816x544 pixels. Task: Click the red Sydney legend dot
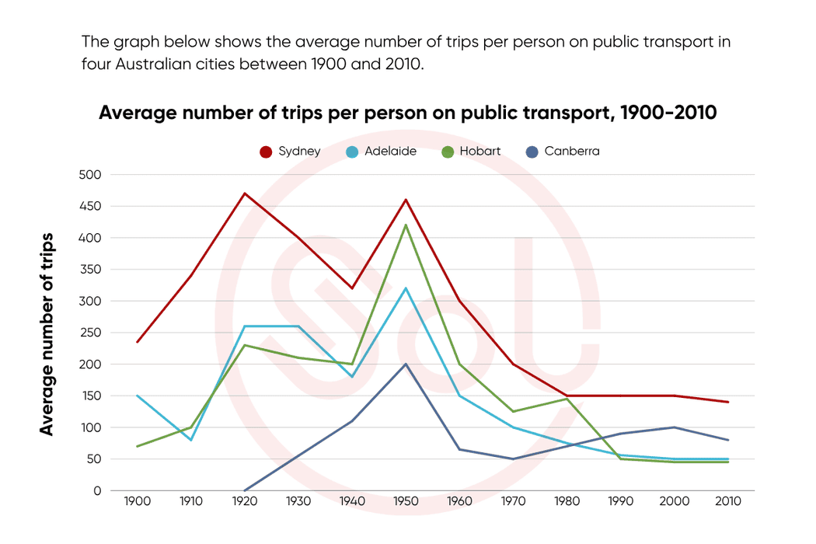(266, 152)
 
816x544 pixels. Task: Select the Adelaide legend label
(391, 152)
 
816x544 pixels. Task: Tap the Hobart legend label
(480, 152)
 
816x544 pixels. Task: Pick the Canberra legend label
(572, 152)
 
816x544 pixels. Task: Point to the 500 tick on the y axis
(91, 175)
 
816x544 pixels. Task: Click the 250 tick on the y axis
(91, 333)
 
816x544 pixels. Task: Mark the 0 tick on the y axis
(96, 491)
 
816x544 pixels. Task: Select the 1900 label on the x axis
(138, 501)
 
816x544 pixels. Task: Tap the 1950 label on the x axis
(406, 501)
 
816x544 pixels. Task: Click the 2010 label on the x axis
(727, 501)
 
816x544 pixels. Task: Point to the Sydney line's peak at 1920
(245, 194)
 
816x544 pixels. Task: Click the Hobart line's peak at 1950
(406, 225)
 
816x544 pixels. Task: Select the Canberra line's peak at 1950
(406, 364)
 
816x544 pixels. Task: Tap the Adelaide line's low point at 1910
(191, 440)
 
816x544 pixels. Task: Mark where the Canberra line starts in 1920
(245, 490)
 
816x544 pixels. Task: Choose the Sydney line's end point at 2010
(727, 402)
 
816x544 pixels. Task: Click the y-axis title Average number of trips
(47, 333)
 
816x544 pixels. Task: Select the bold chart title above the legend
(407, 113)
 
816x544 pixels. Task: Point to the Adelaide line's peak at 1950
(406, 288)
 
